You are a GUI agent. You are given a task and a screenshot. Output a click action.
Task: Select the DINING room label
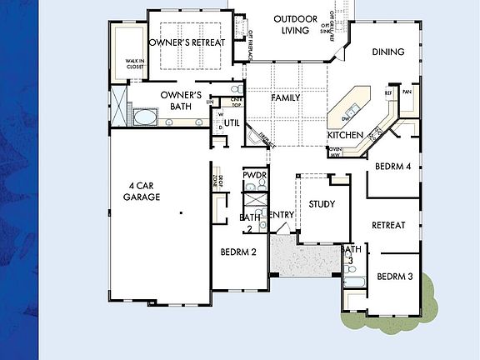(387, 52)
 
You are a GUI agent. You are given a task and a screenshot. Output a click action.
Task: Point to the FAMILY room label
(285, 97)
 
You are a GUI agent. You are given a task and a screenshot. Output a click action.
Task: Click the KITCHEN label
(343, 135)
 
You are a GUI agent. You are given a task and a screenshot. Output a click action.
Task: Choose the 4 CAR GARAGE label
(142, 191)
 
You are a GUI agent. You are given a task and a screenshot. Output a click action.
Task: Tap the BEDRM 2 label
(238, 252)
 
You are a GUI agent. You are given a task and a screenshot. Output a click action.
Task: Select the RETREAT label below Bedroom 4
(388, 225)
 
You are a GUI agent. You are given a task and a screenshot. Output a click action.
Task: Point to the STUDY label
(321, 203)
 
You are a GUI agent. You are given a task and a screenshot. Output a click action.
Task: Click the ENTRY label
(282, 215)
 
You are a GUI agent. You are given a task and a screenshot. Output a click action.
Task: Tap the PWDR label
(254, 175)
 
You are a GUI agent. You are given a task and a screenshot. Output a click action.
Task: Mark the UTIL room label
(232, 122)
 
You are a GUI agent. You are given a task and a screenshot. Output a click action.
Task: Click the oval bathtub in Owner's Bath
(145, 117)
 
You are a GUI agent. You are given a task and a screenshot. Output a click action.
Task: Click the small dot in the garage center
(180, 214)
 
